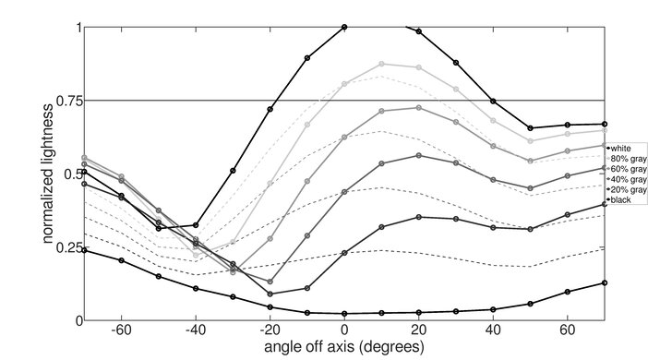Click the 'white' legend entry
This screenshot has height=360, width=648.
click(622, 148)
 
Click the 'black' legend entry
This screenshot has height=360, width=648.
click(622, 200)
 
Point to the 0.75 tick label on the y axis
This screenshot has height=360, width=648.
click(66, 100)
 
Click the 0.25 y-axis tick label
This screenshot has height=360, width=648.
click(66, 247)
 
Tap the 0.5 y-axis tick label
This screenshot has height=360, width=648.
click(70, 174)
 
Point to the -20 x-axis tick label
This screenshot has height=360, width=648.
click(269, 330)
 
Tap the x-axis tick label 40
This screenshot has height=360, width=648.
click(493, 330)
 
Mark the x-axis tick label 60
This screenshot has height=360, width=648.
click(568, 330)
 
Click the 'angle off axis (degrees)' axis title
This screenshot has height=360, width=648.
click(344, 348)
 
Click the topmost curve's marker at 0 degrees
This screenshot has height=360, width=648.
click(344, 27)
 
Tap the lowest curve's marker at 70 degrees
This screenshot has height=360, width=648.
click(605, 282)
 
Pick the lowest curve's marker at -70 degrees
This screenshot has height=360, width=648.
click(84, 250)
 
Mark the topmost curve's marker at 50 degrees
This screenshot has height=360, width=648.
click(530, 128)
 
